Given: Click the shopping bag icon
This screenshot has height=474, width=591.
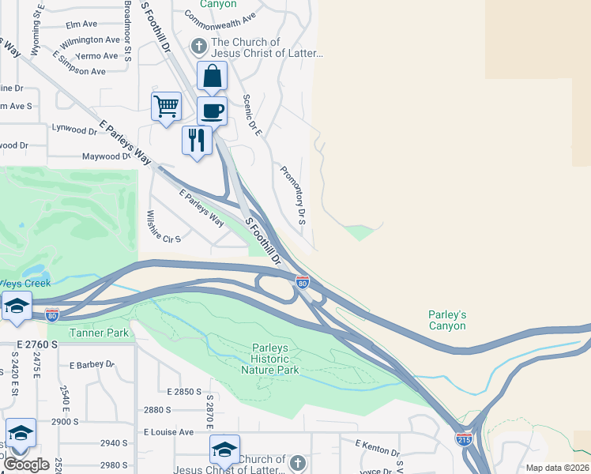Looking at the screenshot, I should (x=213, y=77).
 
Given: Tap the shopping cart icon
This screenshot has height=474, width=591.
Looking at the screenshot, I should (x=166, y=106).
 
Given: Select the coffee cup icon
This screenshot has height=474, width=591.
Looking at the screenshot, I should (x=213, y=111).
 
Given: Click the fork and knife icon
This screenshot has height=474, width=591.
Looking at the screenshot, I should (x=197, y=140).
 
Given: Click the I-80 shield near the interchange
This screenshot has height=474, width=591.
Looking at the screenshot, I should (x=302, y=282).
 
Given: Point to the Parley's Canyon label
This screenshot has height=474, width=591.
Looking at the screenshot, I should (x=447, y=320).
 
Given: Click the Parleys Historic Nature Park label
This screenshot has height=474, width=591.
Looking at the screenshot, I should (x=276, y=359).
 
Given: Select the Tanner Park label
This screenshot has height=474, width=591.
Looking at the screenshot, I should (x=99, y=333).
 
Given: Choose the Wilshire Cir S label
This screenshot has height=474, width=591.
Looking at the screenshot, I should (x=164, y=227).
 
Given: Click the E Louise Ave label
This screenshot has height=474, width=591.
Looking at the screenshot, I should (x=168, y=432).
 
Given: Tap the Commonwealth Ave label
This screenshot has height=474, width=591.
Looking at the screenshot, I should (x=220, y=17).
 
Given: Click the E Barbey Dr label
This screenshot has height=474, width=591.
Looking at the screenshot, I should (x=92, y=365).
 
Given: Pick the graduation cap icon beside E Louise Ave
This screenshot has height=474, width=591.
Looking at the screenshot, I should (x=224, y=449).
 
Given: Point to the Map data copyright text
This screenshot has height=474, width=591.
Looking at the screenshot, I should (x=557, y=468).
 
